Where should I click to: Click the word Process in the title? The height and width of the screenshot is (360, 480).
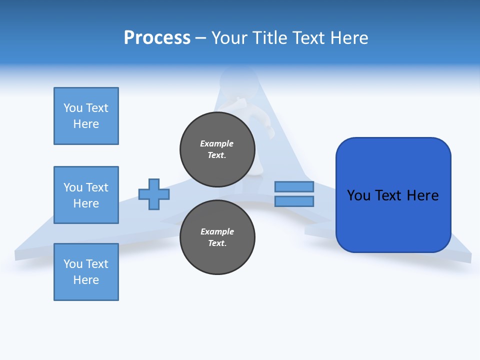pyautogui.click(x=157, y=38)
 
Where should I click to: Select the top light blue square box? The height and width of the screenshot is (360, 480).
pyautogui.click(x=86, y=116)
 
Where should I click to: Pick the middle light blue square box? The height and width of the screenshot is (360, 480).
pyautogui.click(x=86, y=195)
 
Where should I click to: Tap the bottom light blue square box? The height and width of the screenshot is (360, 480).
pyautogui.click(x=86, y=272)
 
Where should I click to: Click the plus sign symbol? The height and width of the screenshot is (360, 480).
pyautogui.click(x=154, y=194)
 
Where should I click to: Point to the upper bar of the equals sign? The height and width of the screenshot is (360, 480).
pyautogui.click(x=294, y=186)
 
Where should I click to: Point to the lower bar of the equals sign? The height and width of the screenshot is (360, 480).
pyautogui.click(x=294, y=201)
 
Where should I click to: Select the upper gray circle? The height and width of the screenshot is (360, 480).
pyautogui.click(x=217, y=149)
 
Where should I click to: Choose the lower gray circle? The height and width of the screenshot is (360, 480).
pyautogui.click(x=217, y=237)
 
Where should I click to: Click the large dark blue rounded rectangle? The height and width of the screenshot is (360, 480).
pyautogui.click(x=393, y=195)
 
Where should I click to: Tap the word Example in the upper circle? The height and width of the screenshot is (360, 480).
pyautogui.click(x=217, y=143)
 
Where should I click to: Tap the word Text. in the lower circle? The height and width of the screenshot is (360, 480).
pyautogui.click(x=217, y=243)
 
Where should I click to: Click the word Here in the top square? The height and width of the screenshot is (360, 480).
pyautogui.click(x=86, y=124)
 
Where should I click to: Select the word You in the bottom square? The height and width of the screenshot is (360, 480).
pyautogui.click(x=72, y=264)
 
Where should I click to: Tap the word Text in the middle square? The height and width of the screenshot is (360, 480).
pyautogui.click(x=96, y=187)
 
